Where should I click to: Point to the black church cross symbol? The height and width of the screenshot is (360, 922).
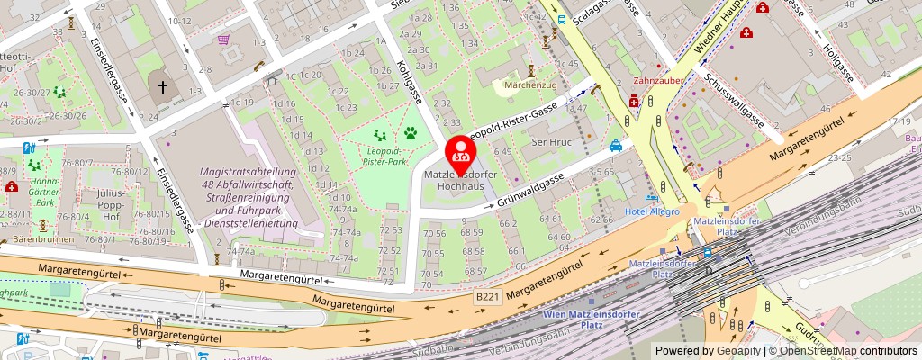163,88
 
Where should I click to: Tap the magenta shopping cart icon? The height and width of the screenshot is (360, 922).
223,39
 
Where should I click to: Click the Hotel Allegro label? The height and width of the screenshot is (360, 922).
652,211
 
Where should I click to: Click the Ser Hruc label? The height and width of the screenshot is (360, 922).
553,142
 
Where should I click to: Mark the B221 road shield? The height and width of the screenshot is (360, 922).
487,296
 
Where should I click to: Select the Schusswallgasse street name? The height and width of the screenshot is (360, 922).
737,101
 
